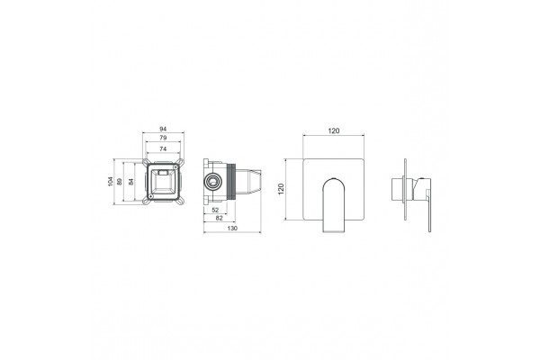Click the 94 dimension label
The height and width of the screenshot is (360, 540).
coord(163,129)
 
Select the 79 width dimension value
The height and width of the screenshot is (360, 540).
coord(163,138)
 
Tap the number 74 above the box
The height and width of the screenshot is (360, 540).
coord(163,148)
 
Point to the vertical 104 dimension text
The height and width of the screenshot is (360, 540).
coord(110,182)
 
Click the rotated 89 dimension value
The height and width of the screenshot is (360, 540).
coord(120,182)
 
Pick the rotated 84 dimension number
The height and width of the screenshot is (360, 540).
coord(130,182)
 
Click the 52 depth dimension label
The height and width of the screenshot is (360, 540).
coord(215,210)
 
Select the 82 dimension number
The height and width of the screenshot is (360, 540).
coord(219,218)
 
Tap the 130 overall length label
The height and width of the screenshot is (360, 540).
coord(232,228)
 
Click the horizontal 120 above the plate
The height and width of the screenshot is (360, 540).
coord(333,130)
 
